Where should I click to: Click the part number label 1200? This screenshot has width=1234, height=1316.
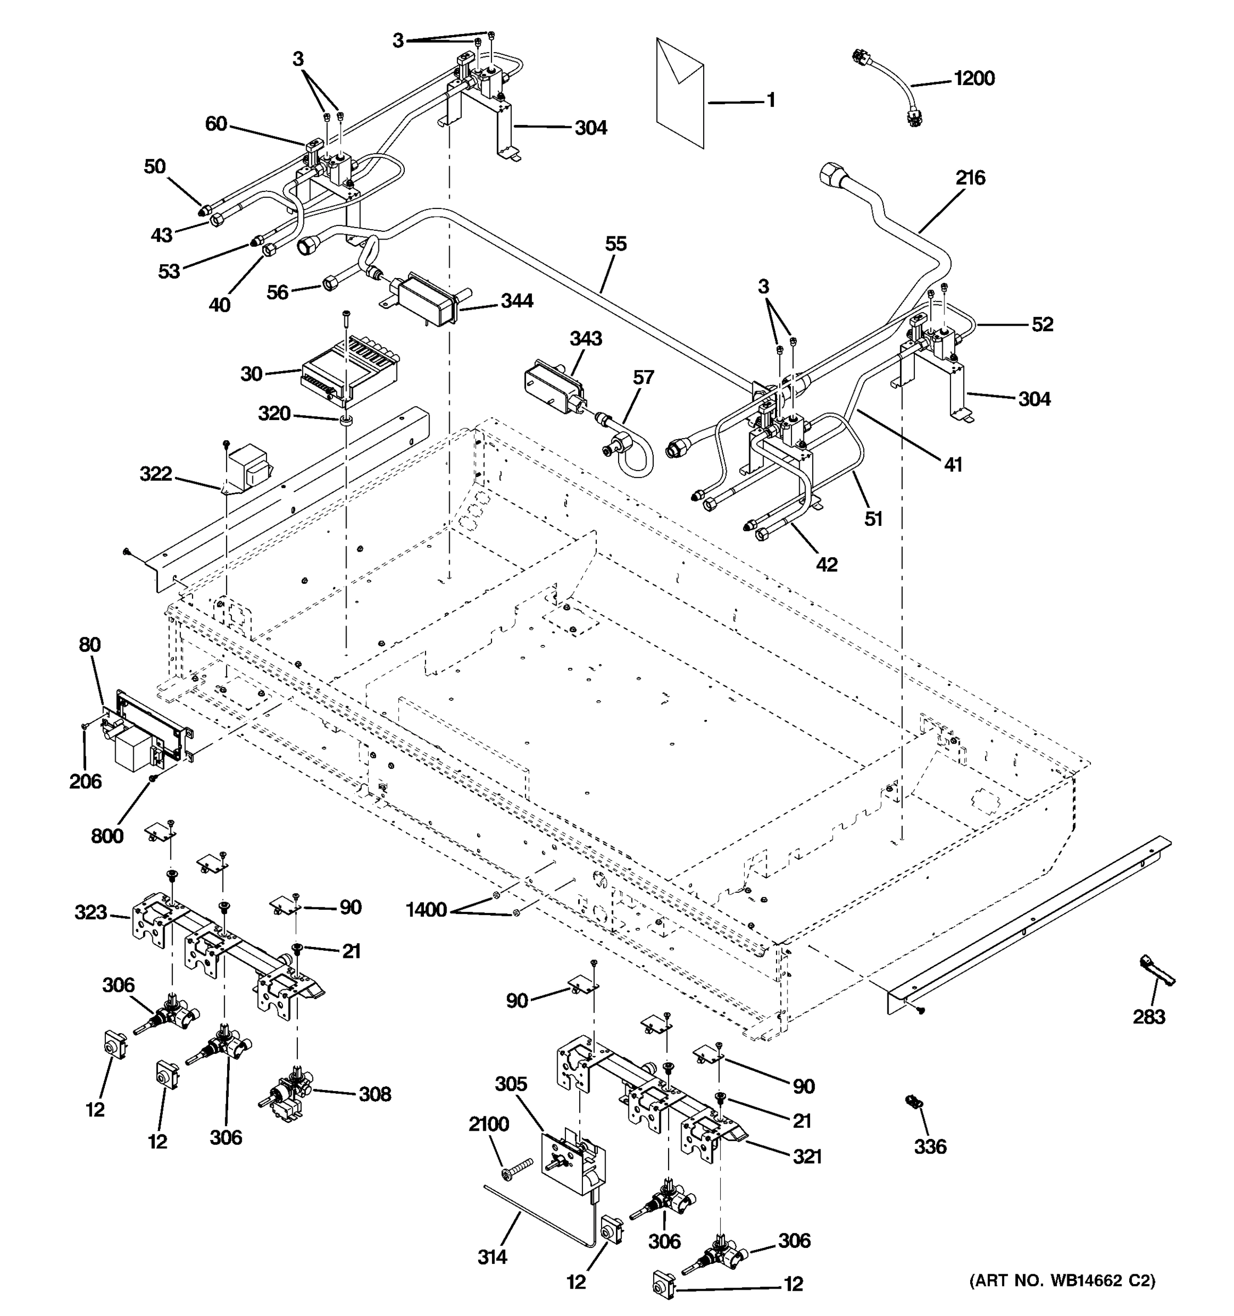(974, 79)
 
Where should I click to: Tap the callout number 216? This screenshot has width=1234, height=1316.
(970, 178)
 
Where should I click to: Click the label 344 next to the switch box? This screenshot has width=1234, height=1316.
(517, 301)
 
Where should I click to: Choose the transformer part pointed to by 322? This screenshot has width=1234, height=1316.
(247, 467)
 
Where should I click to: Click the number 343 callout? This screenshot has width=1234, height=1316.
(586, 339)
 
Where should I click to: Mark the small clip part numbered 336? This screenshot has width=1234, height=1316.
(914, 1102)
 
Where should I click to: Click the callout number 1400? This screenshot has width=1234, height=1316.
(426, 910)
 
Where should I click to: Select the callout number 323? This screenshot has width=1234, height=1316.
(90, 913)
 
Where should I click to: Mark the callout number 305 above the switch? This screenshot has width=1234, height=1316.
(511, 1084)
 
